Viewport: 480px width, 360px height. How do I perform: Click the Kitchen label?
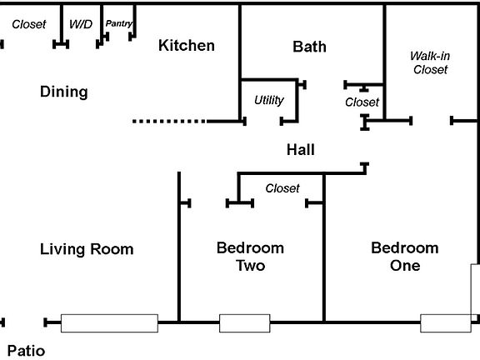187,46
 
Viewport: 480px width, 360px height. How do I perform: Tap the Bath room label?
309,47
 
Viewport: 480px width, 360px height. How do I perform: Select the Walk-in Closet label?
430,62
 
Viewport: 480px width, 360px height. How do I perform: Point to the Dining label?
64,92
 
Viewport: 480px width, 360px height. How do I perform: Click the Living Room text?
87,249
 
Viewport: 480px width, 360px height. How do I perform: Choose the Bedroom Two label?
250,257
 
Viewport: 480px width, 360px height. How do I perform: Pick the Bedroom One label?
404,257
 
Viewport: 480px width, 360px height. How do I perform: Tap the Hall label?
300,150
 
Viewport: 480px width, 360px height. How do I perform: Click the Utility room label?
269,101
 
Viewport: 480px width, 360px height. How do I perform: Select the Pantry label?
119,24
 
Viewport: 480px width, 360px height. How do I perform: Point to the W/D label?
81,24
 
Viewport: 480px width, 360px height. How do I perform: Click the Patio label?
26,351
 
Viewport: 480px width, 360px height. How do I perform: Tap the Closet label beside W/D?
29,24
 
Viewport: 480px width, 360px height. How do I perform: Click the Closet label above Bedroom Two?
282,188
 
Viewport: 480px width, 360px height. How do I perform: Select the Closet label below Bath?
362,102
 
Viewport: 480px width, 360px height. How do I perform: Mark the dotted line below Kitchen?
169,122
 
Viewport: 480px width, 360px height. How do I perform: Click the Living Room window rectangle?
109,322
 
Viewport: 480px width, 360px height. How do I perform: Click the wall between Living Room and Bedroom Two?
179,250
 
